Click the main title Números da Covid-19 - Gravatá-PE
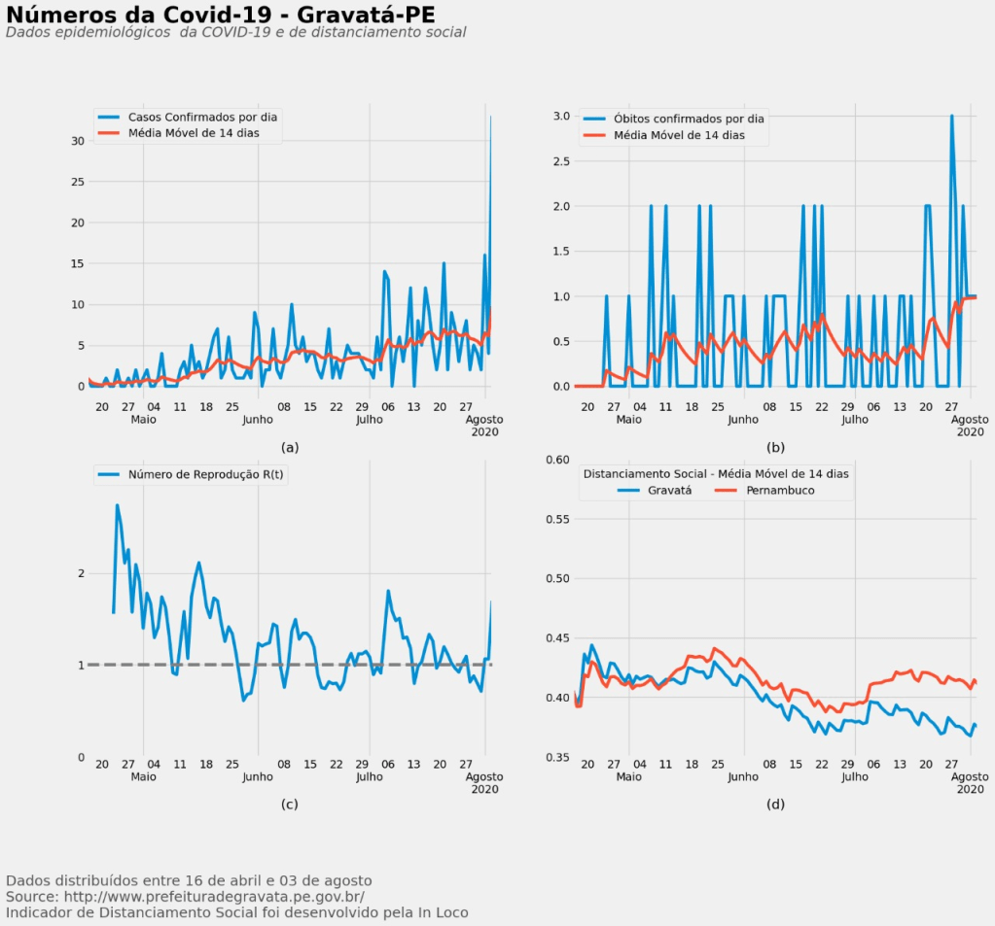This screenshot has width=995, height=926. tap(220, 15)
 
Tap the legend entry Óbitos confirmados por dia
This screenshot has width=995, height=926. tap(689, 119)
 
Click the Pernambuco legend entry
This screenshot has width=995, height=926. tap(780, 491)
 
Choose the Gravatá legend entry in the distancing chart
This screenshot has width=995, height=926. tap(669, 491)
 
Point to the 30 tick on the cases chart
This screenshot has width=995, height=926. tap(78, 141)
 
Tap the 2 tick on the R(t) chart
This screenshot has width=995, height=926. tap(81, 573)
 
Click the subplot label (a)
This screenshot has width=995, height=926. tap(289, 448)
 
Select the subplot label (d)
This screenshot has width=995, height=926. tap(775, 805)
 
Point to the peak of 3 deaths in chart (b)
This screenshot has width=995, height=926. tap(951, 117)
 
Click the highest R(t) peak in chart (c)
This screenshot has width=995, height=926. tap(118, 505)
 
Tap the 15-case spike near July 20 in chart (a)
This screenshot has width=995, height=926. tap(444, 263)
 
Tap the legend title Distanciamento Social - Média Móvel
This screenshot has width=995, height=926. tap(715, 474)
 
